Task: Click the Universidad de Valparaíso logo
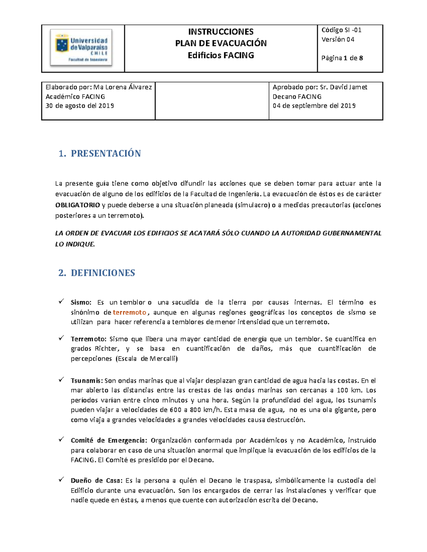pyautogui.click(x=81, y=48)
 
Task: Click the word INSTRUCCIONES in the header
pyautogui.click(x=221, y=32)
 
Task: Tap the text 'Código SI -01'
pyautogui.click(x=341, y=30)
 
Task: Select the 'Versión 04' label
pyautogui.click(x=338, y=39)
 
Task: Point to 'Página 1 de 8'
pyautogui.click(x=342, y=58)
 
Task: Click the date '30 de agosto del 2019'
pyautogui.click(x=80, y=106)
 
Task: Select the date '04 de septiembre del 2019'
pyautogui.click(x=314, y=106)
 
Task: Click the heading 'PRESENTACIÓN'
pyautogui.click(x=106, y=154)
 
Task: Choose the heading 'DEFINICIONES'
pyautogui.click(x=103, y=273)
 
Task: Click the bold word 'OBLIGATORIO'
pyautogui.click(x=78, y=205)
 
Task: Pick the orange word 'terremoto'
pyautogui.click(x=130, y=312)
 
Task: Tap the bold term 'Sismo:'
pyautogui.click(x=81, y=302)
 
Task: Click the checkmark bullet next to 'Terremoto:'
pyautogui.click(x=61, y=338)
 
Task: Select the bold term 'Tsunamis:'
pyautogui.click(x=87, y=381)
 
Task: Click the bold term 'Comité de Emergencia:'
pyautogui.click(x=109, y=440)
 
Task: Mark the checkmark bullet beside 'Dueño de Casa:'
pyautogui.click(x=61, y=480)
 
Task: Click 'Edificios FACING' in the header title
pyautogui.click(x=221, y=55)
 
